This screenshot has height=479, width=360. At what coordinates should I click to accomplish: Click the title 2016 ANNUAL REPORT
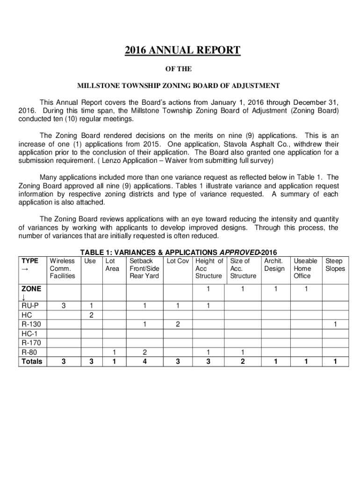(x=182, y=51)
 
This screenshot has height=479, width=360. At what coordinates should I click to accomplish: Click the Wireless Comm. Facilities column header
(x=62, y=268)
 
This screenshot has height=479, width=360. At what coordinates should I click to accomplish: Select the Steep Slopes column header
(x=335, y=265)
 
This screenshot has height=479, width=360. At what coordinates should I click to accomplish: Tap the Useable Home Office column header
(x=305, y=268)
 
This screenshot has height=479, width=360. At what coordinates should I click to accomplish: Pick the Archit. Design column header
(x=274, y=265)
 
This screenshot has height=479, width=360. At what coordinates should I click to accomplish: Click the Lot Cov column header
(x=177, y=261)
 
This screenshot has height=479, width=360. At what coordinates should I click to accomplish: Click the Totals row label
(x=31, y=362)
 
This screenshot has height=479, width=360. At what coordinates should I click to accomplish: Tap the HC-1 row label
(x=29, y=334)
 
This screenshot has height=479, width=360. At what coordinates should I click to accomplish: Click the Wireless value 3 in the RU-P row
(x=63, y=306)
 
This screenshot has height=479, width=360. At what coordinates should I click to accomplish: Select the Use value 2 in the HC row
(x=92, y=315)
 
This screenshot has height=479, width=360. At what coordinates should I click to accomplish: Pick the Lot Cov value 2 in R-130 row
(x=178, y=325)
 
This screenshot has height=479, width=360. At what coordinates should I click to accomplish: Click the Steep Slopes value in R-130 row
(x=335, y=325)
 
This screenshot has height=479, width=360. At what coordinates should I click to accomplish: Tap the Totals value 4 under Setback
(x=145, y=362)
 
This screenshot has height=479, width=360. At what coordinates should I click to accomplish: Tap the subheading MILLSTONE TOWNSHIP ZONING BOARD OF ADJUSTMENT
(x=179, y=86)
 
